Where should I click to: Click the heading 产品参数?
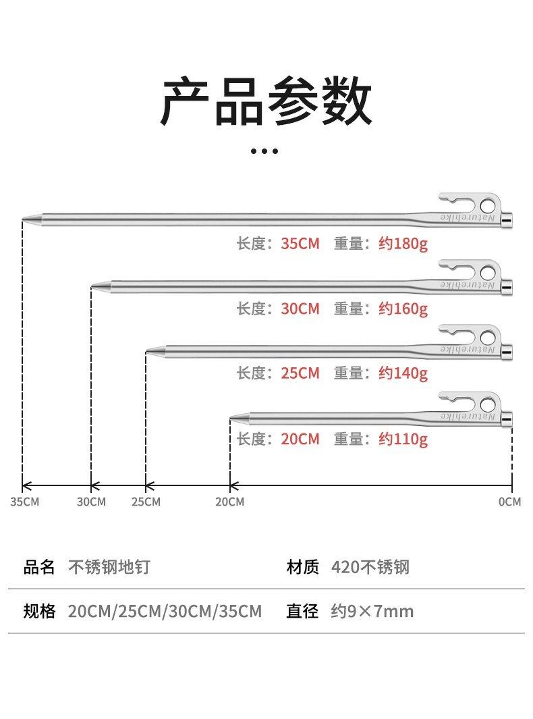click(266, 102)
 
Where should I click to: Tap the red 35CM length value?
click(300, 244)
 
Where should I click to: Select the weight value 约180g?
click(403, 244)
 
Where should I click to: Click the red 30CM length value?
click(300, 309)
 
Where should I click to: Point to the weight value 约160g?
click(403, 309)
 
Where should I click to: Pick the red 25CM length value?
click(300, 373)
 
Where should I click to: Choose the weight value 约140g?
click(403, 373)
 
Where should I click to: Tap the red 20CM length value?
click(300, 439)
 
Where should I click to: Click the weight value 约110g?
click(403, 439)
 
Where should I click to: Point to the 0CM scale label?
click(510, 502)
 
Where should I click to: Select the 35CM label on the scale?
click(25, 502)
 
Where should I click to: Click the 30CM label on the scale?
click(91, 502)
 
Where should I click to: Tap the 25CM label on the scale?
click(146, 502)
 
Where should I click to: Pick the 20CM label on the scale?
click(230, 502)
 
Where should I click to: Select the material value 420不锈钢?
click(370, 567)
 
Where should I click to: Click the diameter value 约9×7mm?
click(372, 612)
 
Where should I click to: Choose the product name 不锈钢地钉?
click(109, 567)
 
